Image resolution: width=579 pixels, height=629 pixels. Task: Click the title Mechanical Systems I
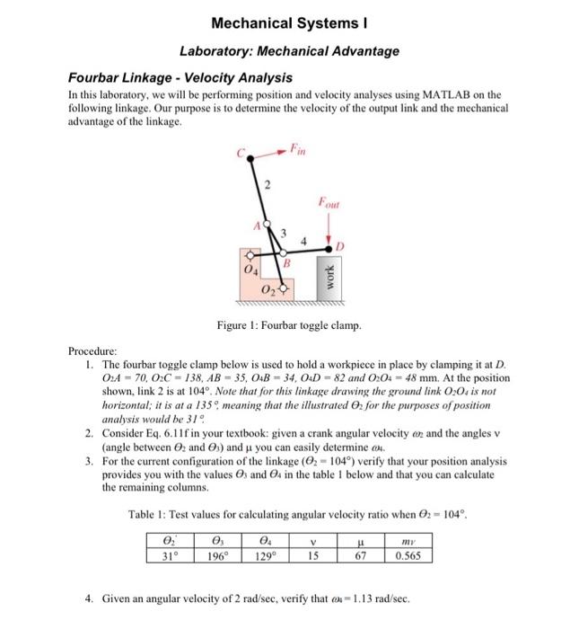click(x=290, y=22)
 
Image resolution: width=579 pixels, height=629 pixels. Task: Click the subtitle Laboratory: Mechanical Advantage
click(x=290, y=51)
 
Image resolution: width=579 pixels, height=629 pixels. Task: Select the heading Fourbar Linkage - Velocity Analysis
click(x=181, y=78)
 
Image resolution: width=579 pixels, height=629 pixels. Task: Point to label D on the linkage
click(x=339, y=244)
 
